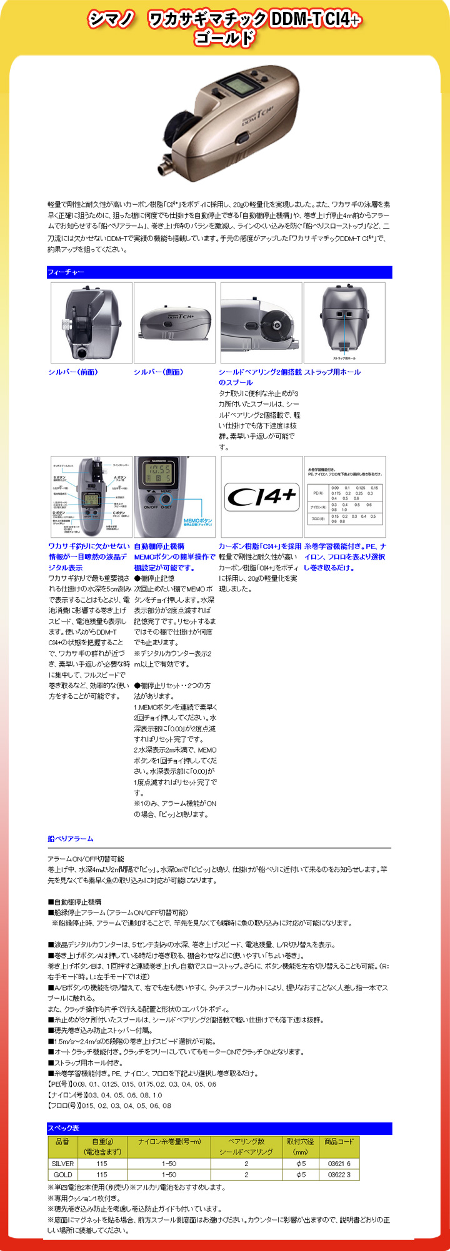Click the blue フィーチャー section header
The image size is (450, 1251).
point(66,272)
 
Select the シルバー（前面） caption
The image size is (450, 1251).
point(73,372)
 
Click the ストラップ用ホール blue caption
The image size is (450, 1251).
point(332,372)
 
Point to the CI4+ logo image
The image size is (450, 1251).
point(261,497)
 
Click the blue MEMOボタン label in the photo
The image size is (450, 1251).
point(198,520)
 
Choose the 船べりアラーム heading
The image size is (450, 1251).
point(71,839)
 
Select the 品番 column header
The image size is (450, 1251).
point(62,1141)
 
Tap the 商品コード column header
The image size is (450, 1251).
point(339,1141)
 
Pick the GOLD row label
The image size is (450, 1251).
point(62,1175)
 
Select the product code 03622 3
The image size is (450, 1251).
point(339,1175)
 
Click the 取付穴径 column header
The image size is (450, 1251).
point(301,1146)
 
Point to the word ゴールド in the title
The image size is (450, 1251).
point(224,38)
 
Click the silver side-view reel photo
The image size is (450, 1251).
point(174,322)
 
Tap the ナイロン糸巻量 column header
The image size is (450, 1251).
point(169,1141)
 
